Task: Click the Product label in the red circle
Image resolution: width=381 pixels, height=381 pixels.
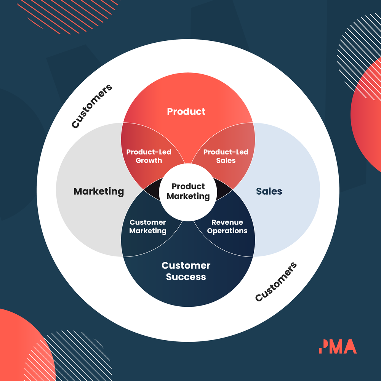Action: tap(186, 112)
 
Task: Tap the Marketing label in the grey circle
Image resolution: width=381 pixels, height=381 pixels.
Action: tap(99, 191)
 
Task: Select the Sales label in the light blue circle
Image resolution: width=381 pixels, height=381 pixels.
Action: tap(269, 191)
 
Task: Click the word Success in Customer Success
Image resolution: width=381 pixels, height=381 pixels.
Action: tap(186, 277)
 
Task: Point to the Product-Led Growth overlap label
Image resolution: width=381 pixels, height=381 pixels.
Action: tap(149, 156)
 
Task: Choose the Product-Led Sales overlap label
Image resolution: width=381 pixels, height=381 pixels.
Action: tap(226, 156)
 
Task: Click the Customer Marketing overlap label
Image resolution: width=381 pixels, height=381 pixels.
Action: tap(148, 226)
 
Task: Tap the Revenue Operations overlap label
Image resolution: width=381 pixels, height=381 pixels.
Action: tap(227, 226)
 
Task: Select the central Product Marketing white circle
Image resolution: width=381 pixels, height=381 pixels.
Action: tap(188, 191)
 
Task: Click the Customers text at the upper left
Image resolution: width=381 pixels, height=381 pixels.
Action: tap(92, 106)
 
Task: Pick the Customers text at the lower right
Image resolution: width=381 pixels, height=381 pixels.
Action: tap(276, 282)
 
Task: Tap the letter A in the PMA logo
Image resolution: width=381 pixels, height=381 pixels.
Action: tap(349, 346)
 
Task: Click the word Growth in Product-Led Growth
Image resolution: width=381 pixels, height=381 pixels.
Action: tap(149, 160)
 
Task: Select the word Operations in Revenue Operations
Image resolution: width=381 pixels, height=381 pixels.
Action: tap(227, 231)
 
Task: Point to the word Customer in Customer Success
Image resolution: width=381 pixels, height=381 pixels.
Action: tap(186, 266)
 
